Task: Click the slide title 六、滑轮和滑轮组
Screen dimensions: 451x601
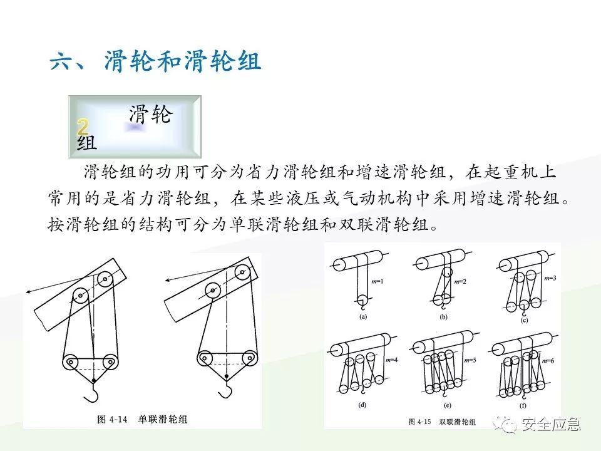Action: pos(155,63)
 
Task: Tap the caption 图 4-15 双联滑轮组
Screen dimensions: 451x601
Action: pos(441,422)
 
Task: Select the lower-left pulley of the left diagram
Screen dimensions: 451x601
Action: pos(71,362)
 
